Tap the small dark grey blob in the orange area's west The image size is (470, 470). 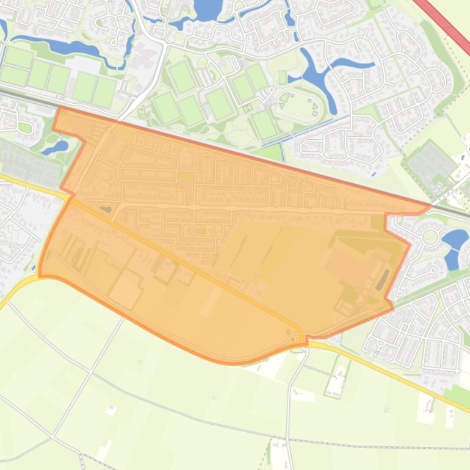point(106,209)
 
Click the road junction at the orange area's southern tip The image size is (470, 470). point(303,341)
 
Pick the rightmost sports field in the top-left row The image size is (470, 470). point(104,92)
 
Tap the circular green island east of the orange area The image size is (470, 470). point(430,237)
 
